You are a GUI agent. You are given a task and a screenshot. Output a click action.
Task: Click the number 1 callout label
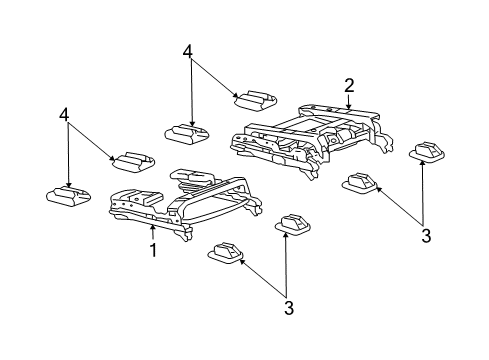pos(153,249)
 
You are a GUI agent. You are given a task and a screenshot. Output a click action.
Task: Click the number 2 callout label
pos(349,85)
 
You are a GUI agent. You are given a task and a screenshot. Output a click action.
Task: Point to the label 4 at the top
pos(187,52)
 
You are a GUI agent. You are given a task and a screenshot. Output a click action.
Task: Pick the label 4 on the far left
pos(65,116)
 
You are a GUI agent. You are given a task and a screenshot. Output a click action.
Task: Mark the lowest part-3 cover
pos(226,255)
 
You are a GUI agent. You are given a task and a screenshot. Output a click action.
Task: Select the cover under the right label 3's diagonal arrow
pos(361,183)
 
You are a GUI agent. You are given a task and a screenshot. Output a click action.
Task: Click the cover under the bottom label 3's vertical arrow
pos(293,226)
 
